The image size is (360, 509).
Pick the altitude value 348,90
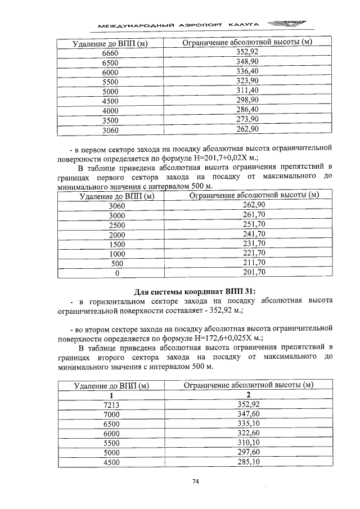tap(247, 61)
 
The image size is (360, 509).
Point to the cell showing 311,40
tap(247, 90)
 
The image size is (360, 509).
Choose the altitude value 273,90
tap(247, 119)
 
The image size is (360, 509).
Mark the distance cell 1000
tap(118, 254)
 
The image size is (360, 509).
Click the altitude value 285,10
tap(248, 462)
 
